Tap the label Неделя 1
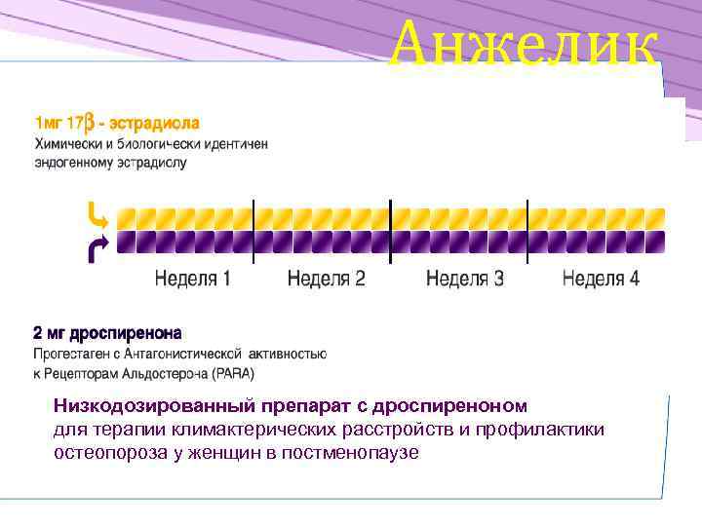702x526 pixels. click(193, 279)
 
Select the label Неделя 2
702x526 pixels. click(327, 279)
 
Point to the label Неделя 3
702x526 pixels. click(465, 279)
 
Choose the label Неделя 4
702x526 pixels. click(601, 279)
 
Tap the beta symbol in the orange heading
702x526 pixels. click(89, 125)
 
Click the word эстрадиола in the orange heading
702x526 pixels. click(155, 125)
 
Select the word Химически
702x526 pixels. click(68, 143)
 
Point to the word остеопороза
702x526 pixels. click(103, 453)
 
